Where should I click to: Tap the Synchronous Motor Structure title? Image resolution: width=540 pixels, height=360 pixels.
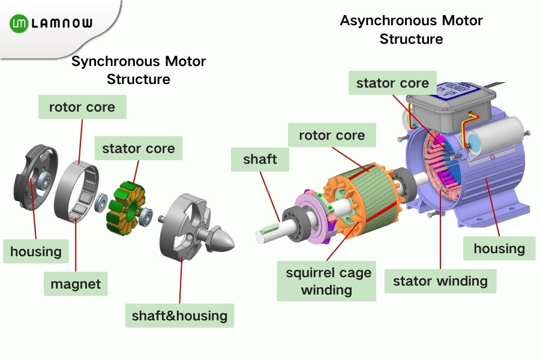click(x=139, y=70)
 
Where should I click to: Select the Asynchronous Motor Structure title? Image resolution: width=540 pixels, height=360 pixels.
click(x=411, y=30)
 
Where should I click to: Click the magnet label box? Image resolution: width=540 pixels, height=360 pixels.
click(x=76, y=283)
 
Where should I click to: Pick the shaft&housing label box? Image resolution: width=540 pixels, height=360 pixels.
click(x=179, y=316)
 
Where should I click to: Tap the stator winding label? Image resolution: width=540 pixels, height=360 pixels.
click(x=440, y=281)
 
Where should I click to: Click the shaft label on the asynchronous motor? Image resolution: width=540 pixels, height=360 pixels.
click(x=260, y=160)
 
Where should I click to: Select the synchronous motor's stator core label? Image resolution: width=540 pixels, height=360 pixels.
click(x=139, y=149)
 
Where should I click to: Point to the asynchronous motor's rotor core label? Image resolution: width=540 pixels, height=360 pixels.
click(x=332, y=136)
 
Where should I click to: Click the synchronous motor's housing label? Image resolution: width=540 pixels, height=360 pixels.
click(x=36, y=251)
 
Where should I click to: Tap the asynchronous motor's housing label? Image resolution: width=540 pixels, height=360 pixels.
click(x=499, y=248)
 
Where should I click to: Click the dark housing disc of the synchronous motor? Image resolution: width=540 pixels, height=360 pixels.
click(x=34, y=180)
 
